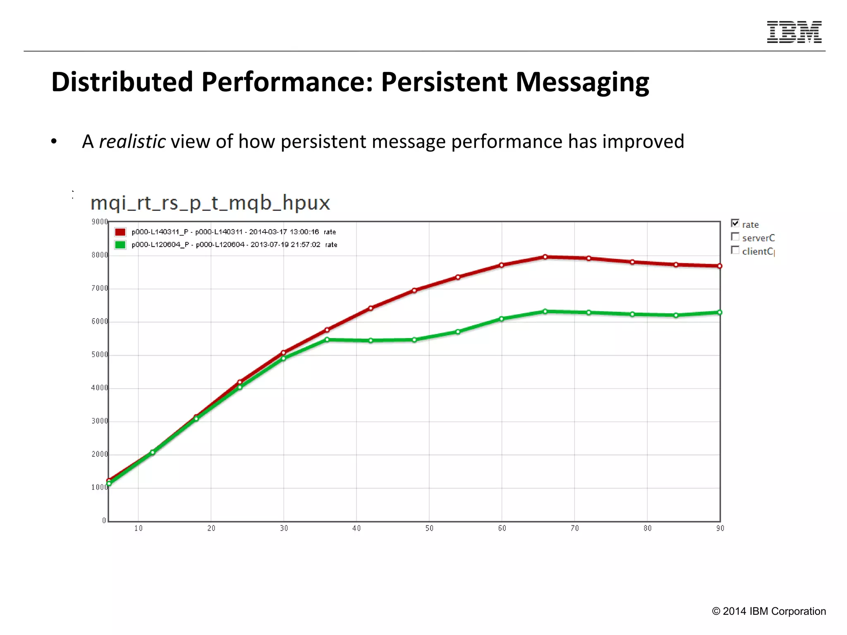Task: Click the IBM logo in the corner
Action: point(794,32)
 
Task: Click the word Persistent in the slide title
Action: point(444,82)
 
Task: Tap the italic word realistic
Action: point(132,141)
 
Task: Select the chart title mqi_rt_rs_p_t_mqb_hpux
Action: point(210,203)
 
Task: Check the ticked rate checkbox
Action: point(735,223)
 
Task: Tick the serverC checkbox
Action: point(735,236)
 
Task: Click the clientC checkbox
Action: point(735,250)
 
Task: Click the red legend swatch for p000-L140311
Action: point(120,232)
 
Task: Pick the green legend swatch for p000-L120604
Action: point(120,245)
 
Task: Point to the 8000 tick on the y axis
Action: point(99,255)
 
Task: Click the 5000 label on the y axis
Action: point(99,355)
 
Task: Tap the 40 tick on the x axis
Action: point(357,528)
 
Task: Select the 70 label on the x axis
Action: point(574,528)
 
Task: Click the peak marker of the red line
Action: point(545,257)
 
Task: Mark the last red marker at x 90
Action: point(720,266)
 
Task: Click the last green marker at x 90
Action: point(720,313)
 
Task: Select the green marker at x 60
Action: point(501,319)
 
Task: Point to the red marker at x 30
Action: point(283,353)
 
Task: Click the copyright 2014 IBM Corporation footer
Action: point(769,611)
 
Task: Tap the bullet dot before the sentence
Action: point(54,142)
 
